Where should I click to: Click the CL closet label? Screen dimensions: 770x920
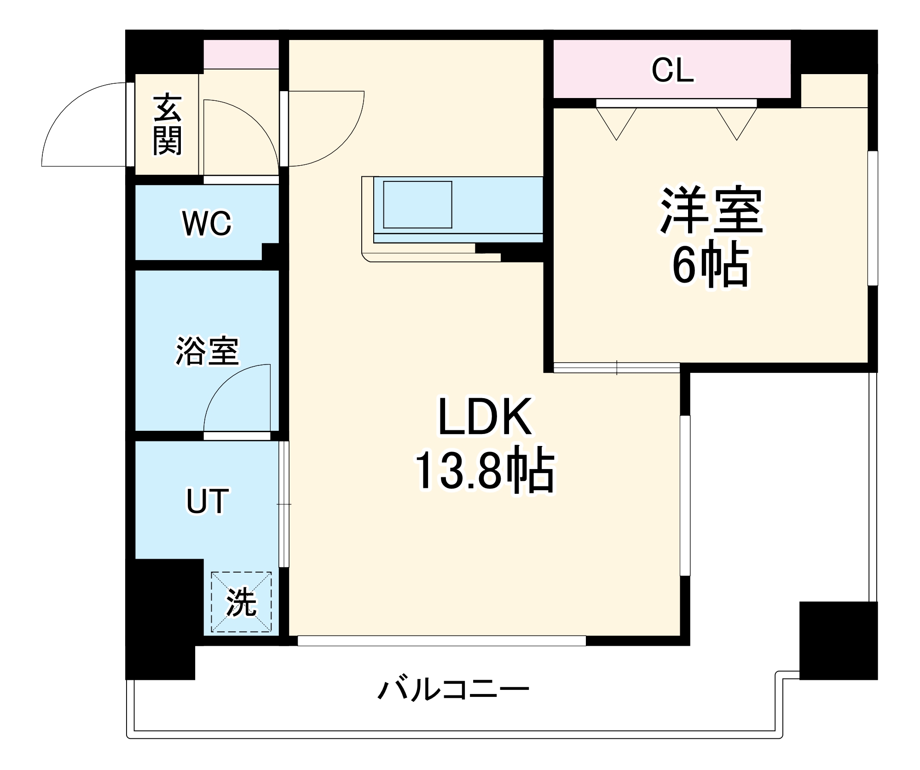click(672, 70)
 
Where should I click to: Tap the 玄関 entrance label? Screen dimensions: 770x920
click(168, 125)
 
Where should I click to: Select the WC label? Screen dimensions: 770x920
click(207, 223)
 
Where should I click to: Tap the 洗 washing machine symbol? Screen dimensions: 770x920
click(241, 602)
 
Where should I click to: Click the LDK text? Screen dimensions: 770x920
click(485, 417)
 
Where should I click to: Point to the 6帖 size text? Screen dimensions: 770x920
click(712, 264)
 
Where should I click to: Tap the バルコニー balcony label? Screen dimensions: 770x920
click(453, 690)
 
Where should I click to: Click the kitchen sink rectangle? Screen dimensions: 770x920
click(417, 204)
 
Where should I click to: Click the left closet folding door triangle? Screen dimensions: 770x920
click(616, 122)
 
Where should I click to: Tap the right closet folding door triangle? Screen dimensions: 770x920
click(737, 122)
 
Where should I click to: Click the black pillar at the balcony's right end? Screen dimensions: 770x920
click(838, 640)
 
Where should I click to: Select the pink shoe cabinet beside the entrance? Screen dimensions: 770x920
click(241, 54)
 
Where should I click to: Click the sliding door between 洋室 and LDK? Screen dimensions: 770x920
click(617, 367)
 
